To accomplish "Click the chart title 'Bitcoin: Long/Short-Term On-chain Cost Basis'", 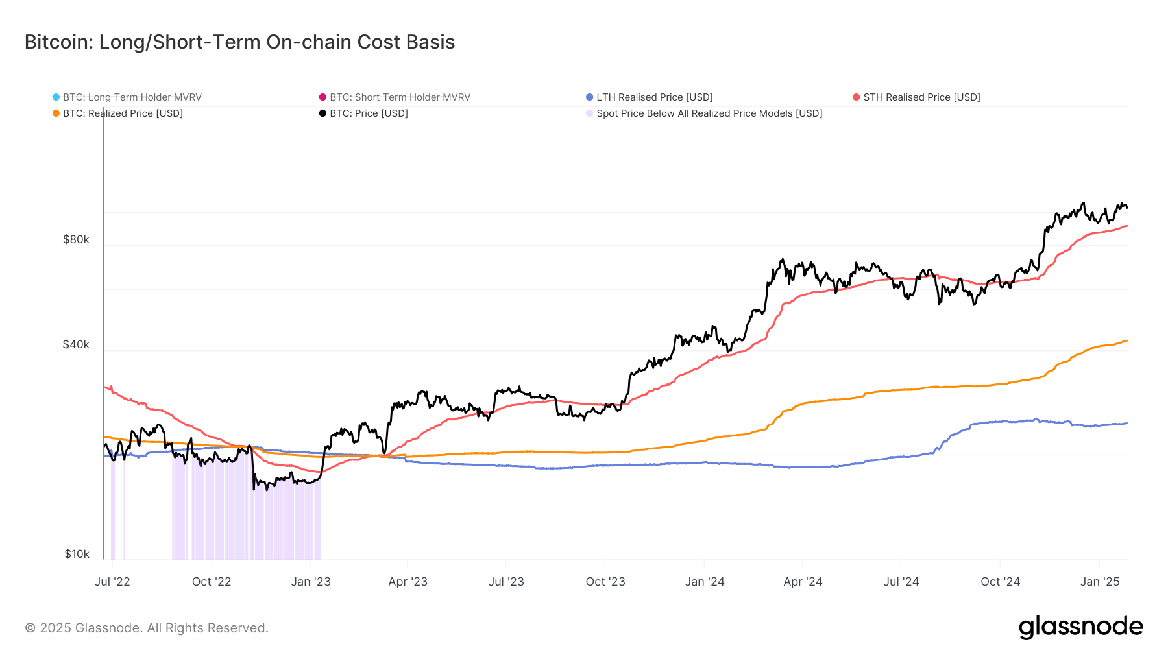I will click(x=239, y=42).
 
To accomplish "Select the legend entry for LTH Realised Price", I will click(x=654, y=97).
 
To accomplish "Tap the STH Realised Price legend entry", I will click(x=921, y=97).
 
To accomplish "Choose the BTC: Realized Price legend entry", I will click(x=123, y=113).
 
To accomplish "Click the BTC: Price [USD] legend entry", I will click(x=369, y=113).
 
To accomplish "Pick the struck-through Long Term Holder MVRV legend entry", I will click(x=132, y=97).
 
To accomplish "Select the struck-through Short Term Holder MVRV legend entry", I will click(x=400, y=97).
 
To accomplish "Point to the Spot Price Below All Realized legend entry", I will click(x=709, y=113).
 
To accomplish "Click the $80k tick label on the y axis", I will click(x=76, y=239).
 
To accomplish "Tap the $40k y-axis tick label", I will click(x=76, y=344).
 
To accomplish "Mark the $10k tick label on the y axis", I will click(x=77, y=554).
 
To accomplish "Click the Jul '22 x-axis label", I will click(x=112, y=582).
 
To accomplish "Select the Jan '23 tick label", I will click(x=311, y=582).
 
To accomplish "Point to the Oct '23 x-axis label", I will click(x=605, y=582).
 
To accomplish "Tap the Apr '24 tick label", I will click(x=803, y=582).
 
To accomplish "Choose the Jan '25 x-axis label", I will click(x=1100, y=582).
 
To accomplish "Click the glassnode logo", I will click(x=1080, y=627).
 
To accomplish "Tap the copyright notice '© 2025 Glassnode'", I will click(x=146, y=628).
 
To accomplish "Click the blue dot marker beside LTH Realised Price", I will click(x=589, y=97).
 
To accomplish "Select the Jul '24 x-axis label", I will click(x=901, y=582).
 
